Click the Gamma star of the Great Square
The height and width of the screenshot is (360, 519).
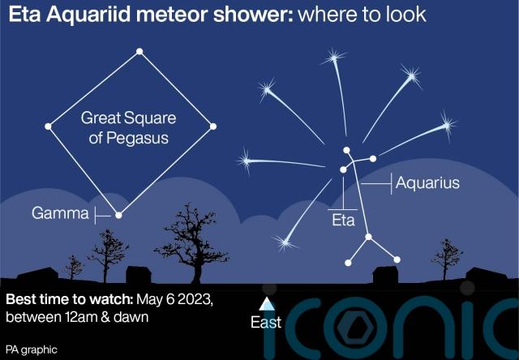point(118,215)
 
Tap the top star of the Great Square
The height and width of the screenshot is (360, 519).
point(139,51)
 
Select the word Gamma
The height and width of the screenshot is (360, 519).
point(60,213)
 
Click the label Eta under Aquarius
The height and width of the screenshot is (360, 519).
point(343,220)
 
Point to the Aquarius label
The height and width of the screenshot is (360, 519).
point(427,183)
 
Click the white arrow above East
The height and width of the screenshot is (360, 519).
point(267,304)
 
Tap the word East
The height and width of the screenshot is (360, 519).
point(266,322)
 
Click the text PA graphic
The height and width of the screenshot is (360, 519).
point(32,349)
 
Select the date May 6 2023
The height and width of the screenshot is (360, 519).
point(174,299)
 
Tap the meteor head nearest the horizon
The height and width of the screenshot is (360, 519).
point(285,243)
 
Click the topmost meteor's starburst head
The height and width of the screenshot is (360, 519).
point(334,58)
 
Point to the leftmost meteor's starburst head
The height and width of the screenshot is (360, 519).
point(246,161)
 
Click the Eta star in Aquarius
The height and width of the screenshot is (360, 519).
point(343,169)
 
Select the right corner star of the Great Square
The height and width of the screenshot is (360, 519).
point(213,126)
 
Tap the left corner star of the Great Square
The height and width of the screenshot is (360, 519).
point(48,126)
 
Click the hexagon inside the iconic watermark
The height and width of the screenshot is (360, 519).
point(356,328)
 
